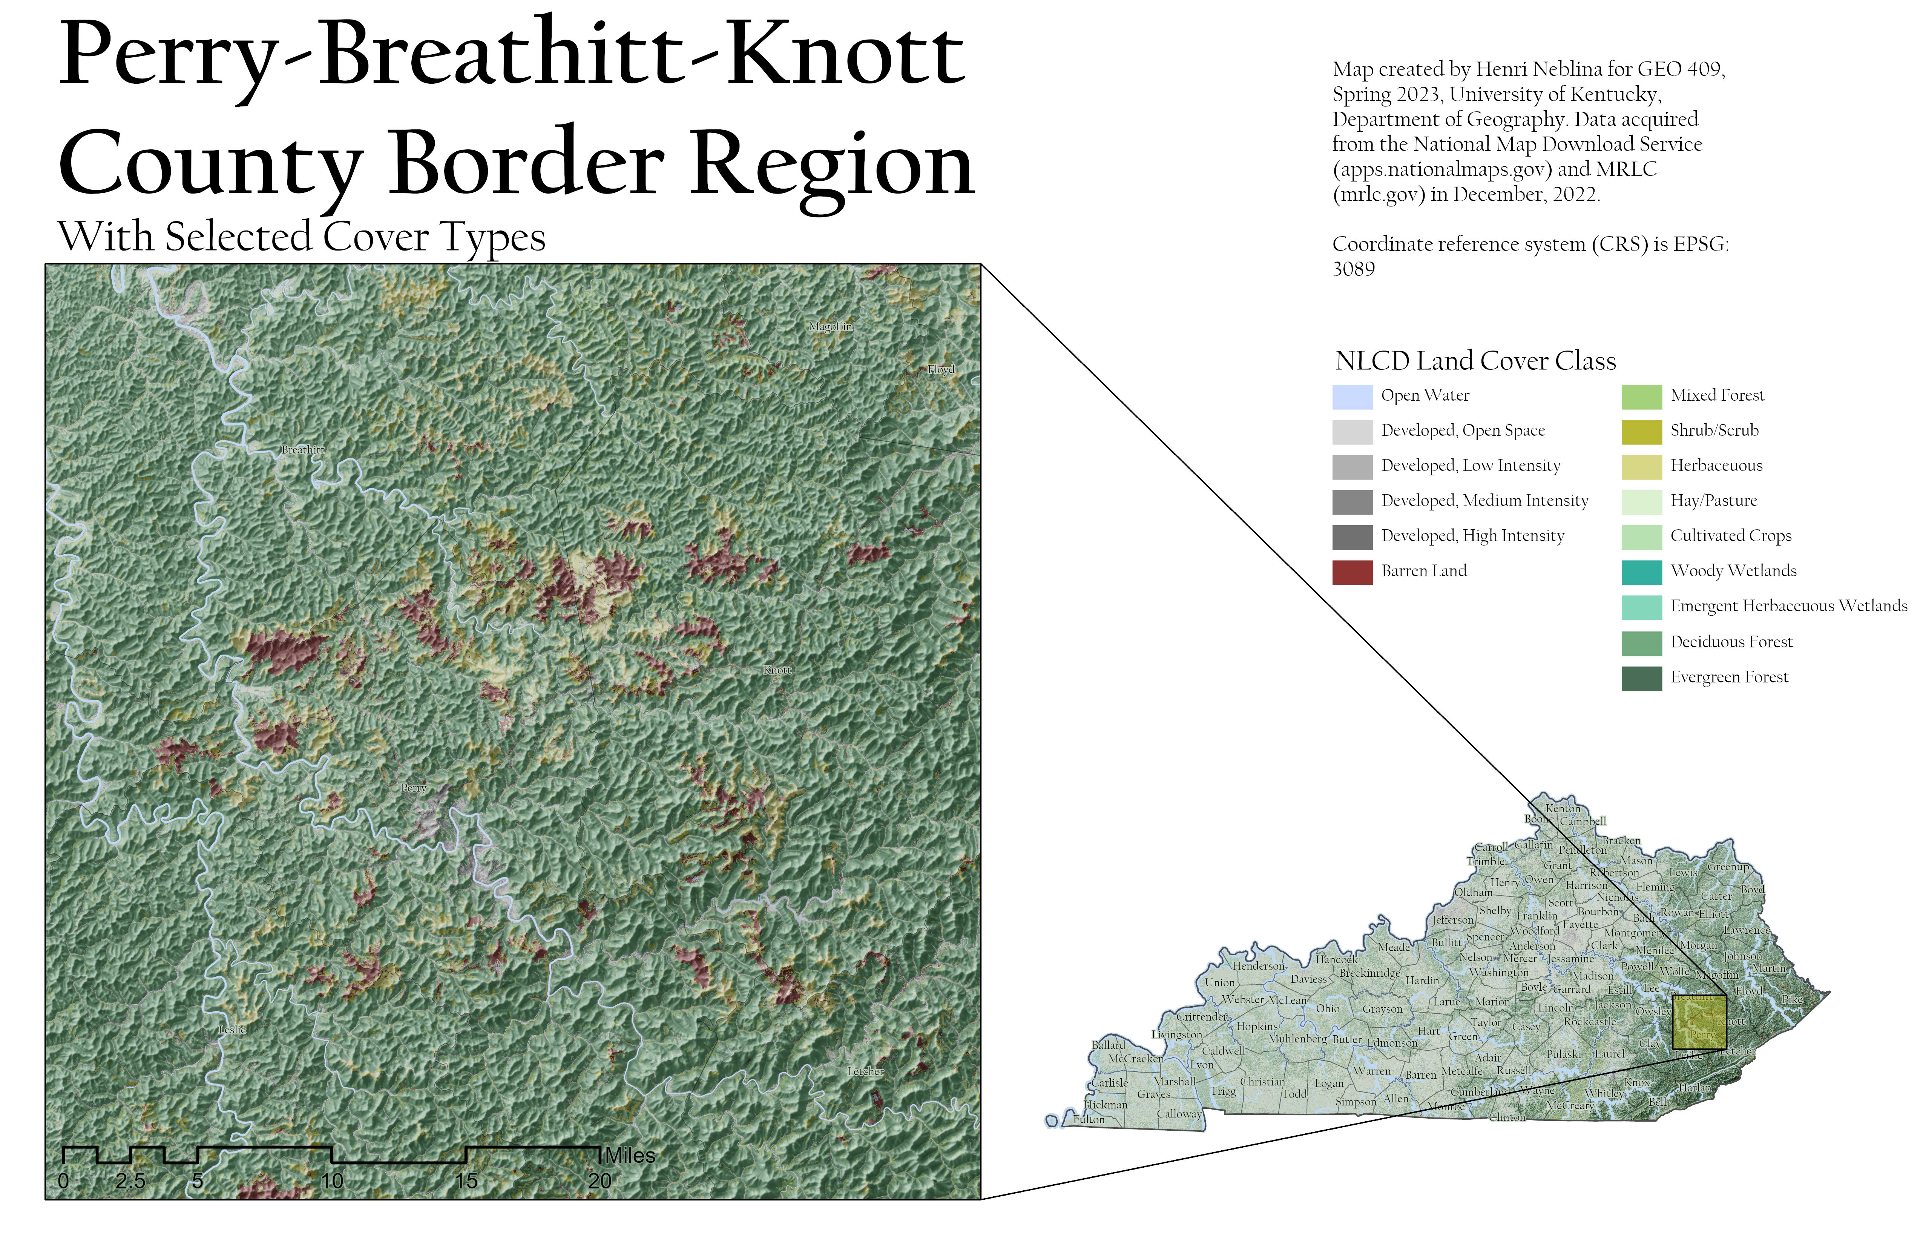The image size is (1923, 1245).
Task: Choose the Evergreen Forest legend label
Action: point(1729,678)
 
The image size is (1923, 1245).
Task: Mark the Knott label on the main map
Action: point(777,670)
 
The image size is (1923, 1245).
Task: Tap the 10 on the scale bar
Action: point(332,1181)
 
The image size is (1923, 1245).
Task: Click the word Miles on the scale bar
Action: point(630,1156)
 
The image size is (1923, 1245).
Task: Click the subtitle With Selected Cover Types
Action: point(301,238)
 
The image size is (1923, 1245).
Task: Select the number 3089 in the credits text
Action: point(1353,269)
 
